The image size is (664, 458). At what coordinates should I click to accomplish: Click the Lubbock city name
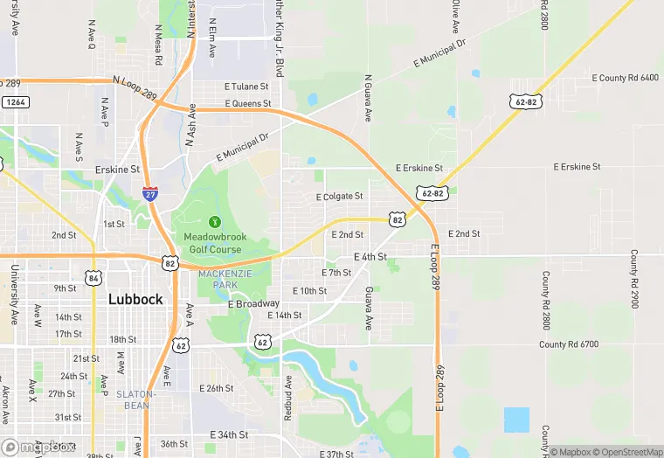[135, 299]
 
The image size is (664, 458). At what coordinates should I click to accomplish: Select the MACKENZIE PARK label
[218, 279]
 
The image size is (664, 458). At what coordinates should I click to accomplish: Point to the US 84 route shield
[93, 277]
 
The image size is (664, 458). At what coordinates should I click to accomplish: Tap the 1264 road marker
[14, 102]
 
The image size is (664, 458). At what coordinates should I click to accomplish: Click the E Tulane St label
[246, 87]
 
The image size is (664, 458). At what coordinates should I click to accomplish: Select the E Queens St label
[248, 103]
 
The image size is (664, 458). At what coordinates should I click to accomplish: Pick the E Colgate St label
[339, 197]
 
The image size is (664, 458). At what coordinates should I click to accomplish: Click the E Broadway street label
[253, 304]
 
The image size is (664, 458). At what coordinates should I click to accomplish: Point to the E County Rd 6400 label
[625, 78]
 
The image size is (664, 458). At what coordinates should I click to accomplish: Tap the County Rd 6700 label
[569, 344]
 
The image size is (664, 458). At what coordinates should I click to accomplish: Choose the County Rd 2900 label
[633, 278]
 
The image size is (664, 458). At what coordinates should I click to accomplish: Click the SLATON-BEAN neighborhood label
[135, 399]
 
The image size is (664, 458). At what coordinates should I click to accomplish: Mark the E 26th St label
[217, 388]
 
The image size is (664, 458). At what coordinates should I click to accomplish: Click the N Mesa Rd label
[159, 50]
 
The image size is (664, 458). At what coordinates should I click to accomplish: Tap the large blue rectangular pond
[516, 420]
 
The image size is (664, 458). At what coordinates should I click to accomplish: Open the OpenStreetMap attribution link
[628, 452]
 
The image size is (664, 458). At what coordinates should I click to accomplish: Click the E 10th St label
[309, 290]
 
